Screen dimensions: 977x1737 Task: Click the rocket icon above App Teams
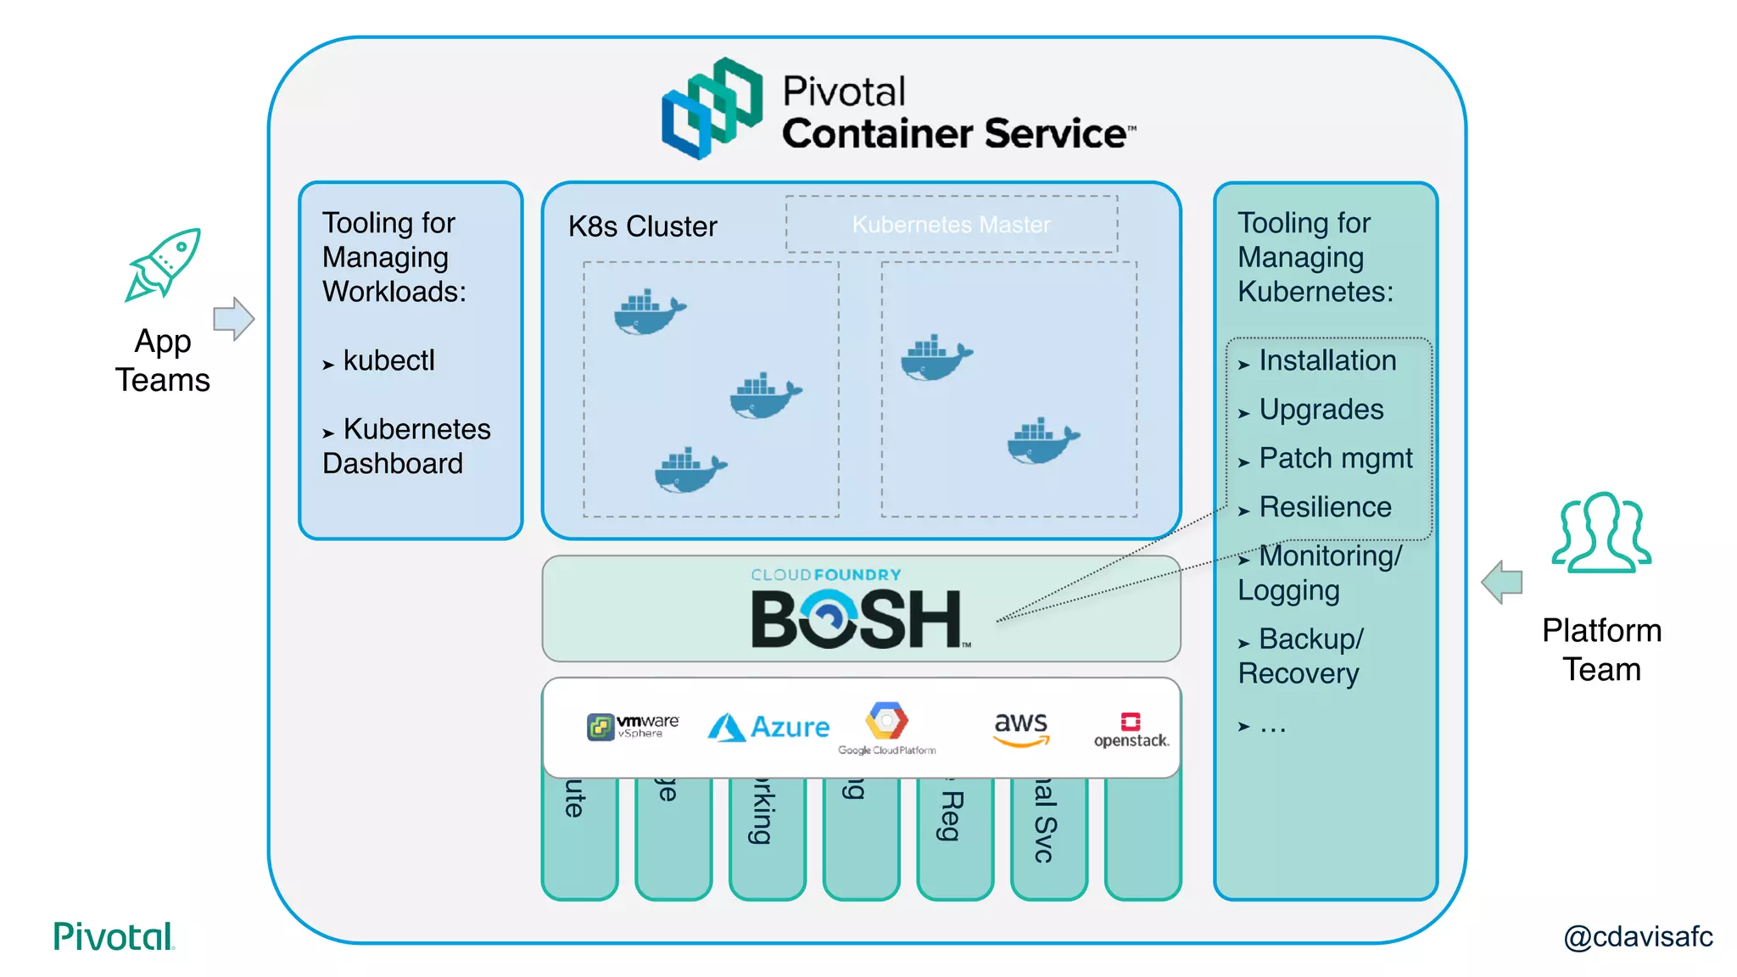164,265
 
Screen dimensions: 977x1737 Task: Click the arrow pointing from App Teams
233,319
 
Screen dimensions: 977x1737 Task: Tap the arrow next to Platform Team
1502,582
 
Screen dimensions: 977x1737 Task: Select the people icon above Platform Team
1601,533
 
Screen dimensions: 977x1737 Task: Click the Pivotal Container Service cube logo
712,109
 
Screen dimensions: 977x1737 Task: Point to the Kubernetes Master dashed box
951,225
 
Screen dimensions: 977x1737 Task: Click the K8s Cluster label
642,226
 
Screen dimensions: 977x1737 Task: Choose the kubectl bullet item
388,360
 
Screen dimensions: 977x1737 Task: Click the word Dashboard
393,463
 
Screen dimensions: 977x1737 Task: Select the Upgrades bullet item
1321,410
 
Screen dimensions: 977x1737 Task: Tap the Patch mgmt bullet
1335,458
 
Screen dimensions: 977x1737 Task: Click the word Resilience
1325,507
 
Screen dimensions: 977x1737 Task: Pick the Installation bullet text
1326,360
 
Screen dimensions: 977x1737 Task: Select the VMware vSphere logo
633,727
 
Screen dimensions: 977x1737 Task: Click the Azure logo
768,727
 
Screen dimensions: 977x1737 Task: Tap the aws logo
1021,728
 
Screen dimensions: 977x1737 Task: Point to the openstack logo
1131,730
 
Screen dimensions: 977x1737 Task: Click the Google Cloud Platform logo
886,729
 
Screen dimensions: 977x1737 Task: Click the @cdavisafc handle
1637,936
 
